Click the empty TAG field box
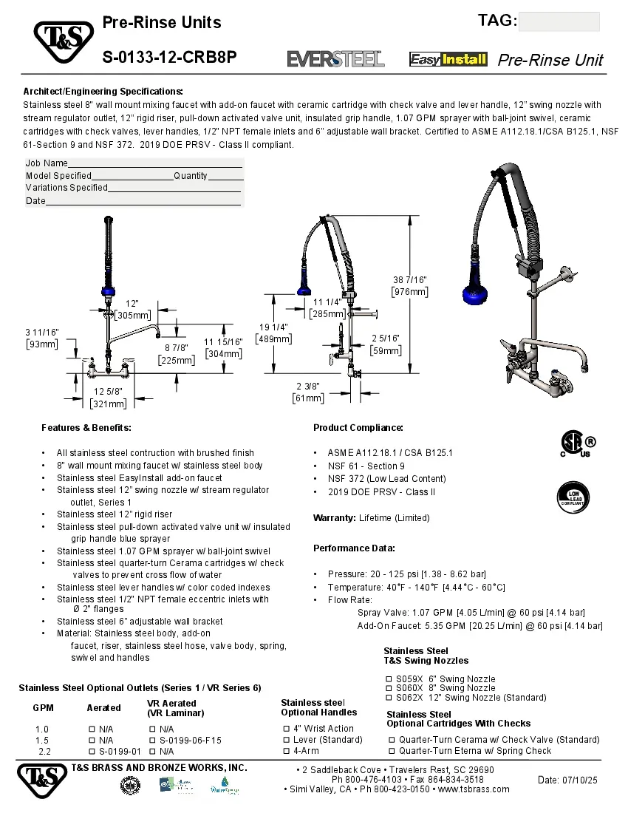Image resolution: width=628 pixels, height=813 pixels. [x=559, y=21]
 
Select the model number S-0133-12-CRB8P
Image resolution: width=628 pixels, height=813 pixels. [x=169, y=57]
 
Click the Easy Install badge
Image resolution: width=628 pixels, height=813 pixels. [x=448, y=59]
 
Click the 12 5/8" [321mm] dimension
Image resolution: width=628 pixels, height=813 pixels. [x=108, y=398]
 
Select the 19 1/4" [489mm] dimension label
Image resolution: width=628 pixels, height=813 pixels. [x=273, y=333]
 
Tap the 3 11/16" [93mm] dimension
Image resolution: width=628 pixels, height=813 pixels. [x=41, y=338]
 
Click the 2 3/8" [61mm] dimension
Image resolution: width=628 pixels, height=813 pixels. [x=308, y=392]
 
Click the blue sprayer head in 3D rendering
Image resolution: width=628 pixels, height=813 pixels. [x=477, y=289]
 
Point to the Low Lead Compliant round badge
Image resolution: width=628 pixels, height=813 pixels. [x=572, y=496]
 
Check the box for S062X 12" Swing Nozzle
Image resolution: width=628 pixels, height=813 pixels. [x=389, y=697]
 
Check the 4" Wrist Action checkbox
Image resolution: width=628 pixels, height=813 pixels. [x=286, y=728]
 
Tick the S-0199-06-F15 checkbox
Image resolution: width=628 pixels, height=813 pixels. [x=152, y=740]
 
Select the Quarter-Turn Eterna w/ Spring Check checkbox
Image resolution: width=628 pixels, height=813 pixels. [x=392, y=751]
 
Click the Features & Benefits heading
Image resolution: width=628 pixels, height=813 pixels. [x=86, y=428]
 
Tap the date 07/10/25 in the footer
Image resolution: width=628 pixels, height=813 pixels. [x=567, y=780]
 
